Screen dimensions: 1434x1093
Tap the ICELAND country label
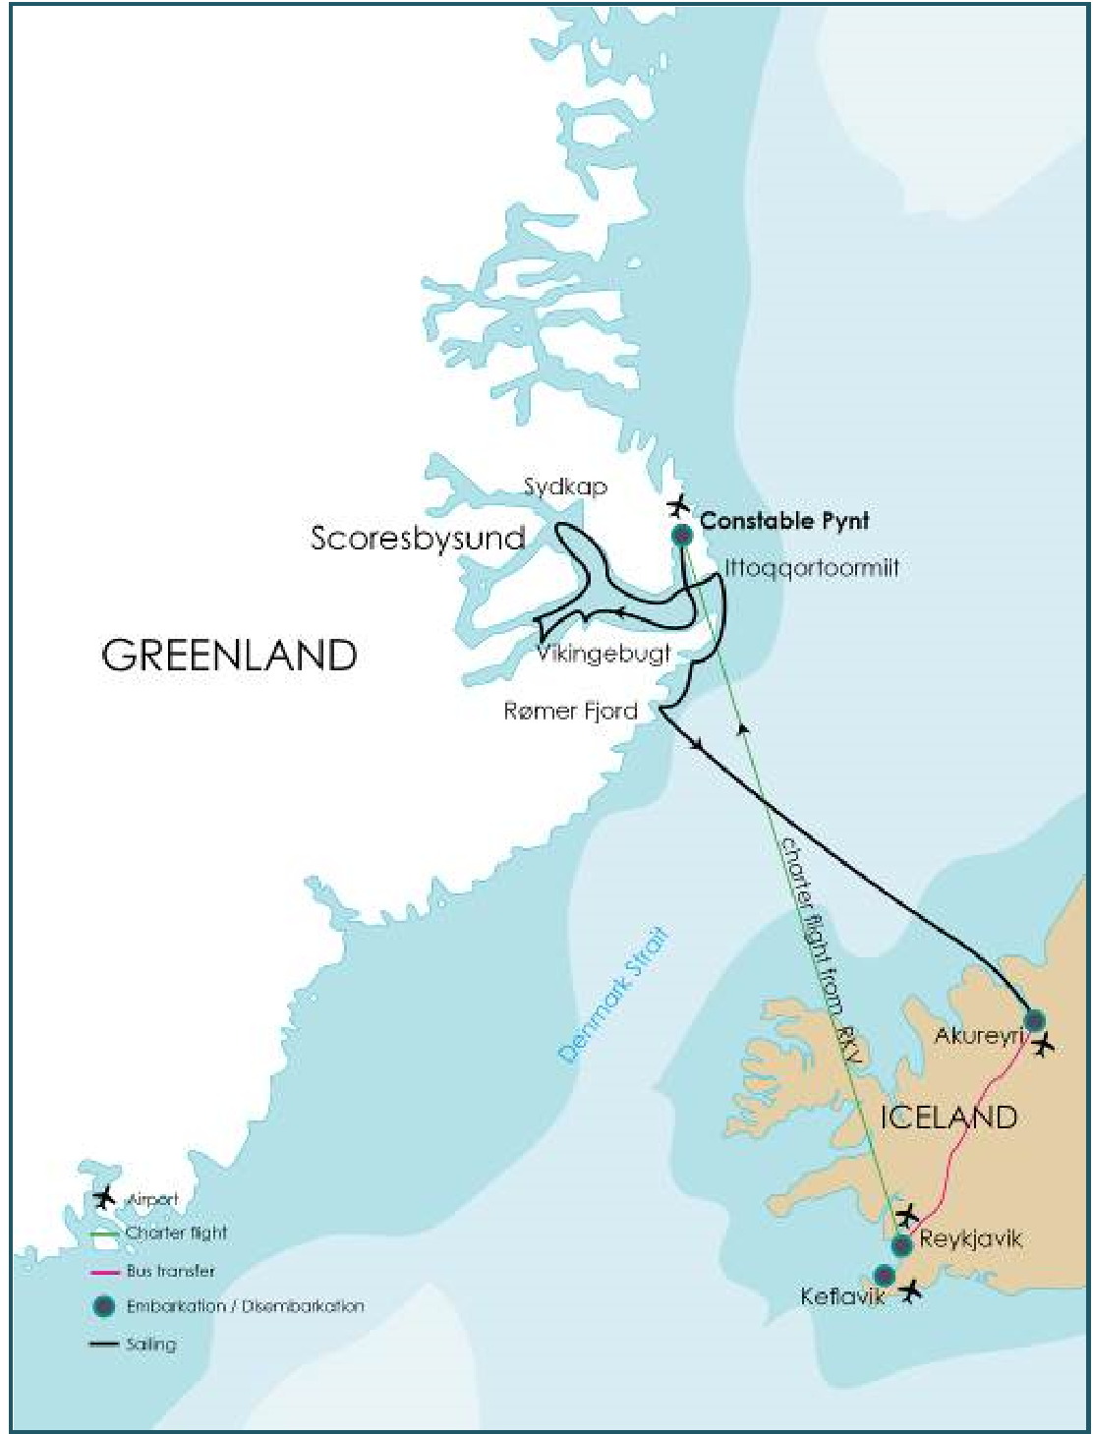(949, 1118)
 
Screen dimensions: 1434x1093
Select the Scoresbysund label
(418, 538)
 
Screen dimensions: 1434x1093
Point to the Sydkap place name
(565, 487)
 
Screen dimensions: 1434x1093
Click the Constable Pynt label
(784, 521)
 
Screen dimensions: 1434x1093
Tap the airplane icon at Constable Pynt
(678, 506)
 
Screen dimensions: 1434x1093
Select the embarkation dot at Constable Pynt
(681, 536)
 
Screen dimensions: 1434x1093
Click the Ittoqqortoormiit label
(812, 568)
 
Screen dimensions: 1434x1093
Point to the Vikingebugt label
(604, 654)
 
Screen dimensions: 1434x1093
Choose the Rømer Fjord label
(570, 711)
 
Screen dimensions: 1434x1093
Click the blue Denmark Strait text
(613, 994)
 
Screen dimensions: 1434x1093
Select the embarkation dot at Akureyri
(1033, 1020)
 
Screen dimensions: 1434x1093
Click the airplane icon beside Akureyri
(1044, 1044)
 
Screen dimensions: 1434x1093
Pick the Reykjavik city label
(971, 1238)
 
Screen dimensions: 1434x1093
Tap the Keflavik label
(842, 1296)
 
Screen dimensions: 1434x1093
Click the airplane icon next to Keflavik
(912, 1291)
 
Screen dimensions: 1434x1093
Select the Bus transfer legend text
(170, 1271)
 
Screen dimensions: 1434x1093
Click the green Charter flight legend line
(105, 1233)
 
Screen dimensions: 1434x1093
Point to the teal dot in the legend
(104, 1307)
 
